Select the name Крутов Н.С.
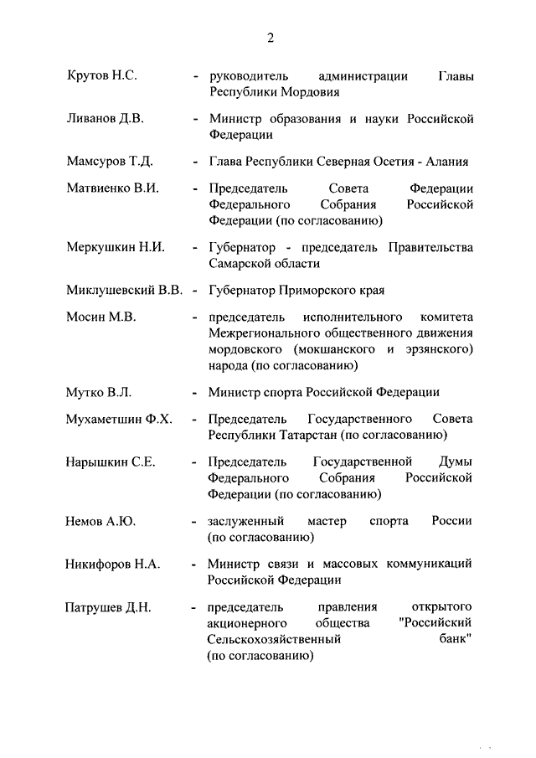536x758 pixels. point(101,76)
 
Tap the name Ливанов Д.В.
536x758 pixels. point(105,119)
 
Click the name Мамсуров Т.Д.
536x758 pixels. point(109,162)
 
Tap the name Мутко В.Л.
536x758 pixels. point(99,391)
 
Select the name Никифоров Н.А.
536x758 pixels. point(112,565)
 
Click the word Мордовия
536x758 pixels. point(310,92)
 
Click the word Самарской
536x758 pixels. point(241,263)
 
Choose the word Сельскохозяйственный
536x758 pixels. point(274,640)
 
